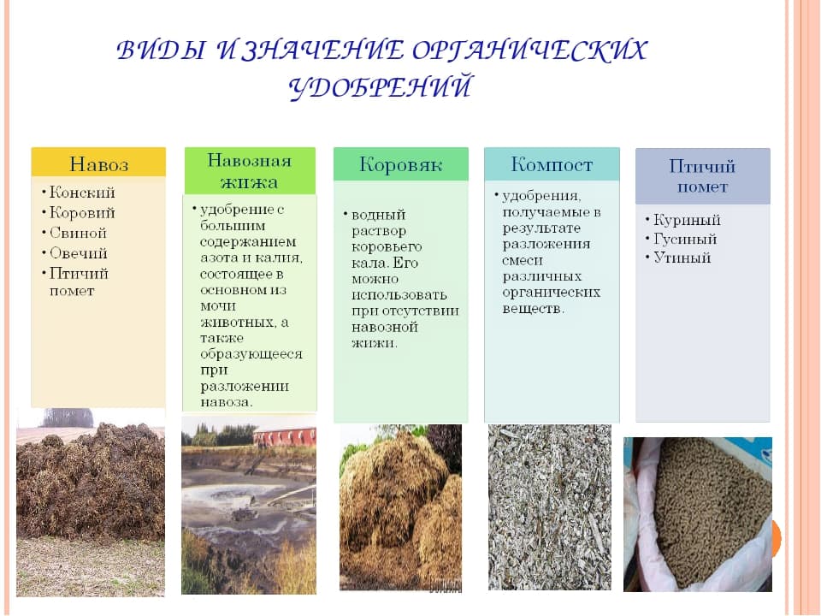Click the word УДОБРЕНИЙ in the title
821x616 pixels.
380,87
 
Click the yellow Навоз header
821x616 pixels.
98,162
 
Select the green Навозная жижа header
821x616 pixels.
250,171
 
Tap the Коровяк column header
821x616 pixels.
400,164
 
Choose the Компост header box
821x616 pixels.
552,164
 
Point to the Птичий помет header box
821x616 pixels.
703,176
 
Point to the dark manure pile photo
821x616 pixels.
91,502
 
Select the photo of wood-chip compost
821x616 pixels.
550,507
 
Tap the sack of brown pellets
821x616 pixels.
698,514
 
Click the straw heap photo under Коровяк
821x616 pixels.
400,507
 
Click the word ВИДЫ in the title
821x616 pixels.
160,50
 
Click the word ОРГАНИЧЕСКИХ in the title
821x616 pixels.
529,50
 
